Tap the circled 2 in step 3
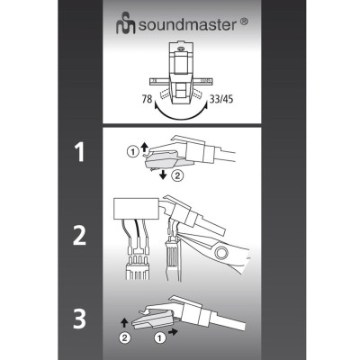[x=126, y=338]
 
